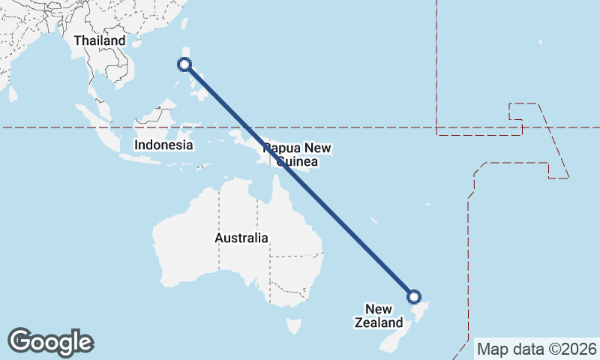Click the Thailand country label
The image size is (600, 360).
pyautogui.click(x=99, y=40)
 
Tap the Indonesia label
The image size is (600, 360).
pyautogui.click(x=163, y=145)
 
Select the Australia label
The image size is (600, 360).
pyautogui.click(x=241, y=238)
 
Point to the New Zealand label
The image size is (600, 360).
pyautogui.click(x=379, y=316)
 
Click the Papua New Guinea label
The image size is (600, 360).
pyautogui.click(x=297, y=154)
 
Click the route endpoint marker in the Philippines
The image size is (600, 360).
pyautogui.click(x=184, y=64)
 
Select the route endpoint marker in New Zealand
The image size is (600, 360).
pyautogui.click(x=413, y=296)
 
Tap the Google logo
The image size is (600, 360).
pyautogui.click(x=50, y=342)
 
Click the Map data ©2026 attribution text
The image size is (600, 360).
pyautogui.click(x=537, y=349)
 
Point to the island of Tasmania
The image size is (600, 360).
pyautogui.click(x=294, y=326)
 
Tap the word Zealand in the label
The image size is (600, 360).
pyautogui.click(x=379, y=323)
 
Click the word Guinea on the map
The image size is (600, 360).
pyautogui.click(x=297, y=162)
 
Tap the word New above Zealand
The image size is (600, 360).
pyautogui.click(x=379, y=309)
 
